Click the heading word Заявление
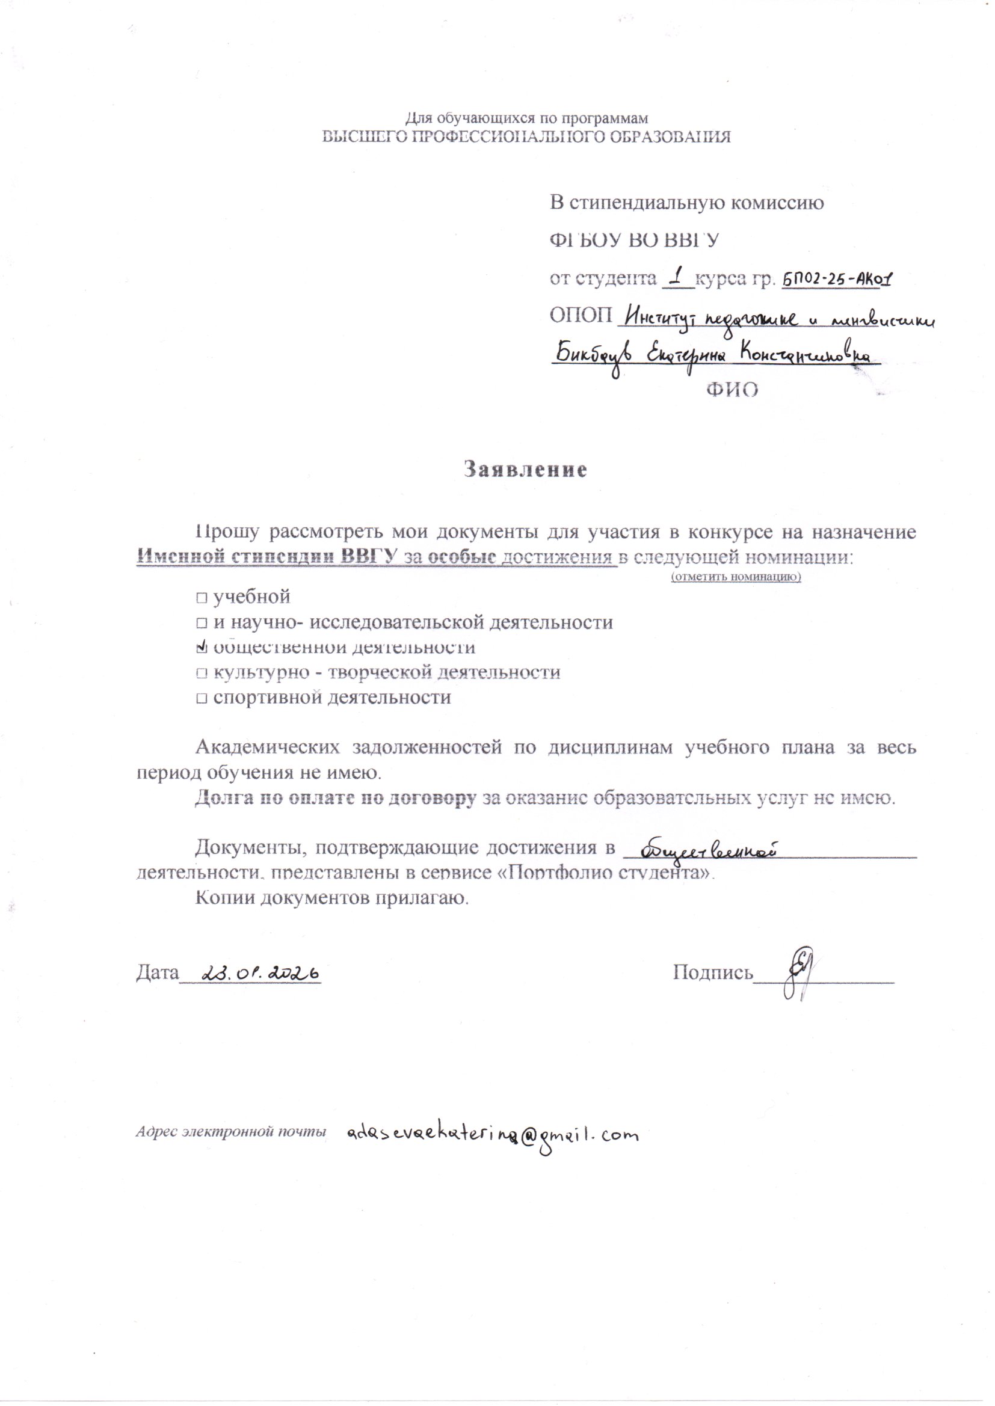[x=525, y=470]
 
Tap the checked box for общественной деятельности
[x=202, y=646]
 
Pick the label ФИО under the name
[x=732, y=390]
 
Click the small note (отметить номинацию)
[x=736, y=577]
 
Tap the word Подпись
[x=712, y=972]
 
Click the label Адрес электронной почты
[x=230, y=1132]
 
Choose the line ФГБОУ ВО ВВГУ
[x=633, y=241]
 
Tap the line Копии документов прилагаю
[x=332, y=898]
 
